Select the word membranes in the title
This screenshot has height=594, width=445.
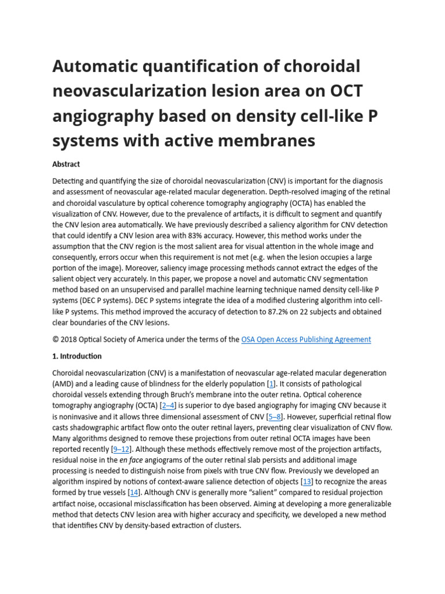pos(264,140)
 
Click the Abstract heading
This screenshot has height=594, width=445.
pos(66,164)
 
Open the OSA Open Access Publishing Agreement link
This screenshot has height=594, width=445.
pos(306,339)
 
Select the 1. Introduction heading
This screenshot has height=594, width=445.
pos(77,356)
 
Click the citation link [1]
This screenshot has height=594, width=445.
pos(271,383)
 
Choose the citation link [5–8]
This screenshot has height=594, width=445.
pos(275,416)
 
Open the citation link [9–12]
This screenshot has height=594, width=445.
pos(122,449)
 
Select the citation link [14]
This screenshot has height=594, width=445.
pos(134,492)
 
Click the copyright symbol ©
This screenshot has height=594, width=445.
pos(56,339)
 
